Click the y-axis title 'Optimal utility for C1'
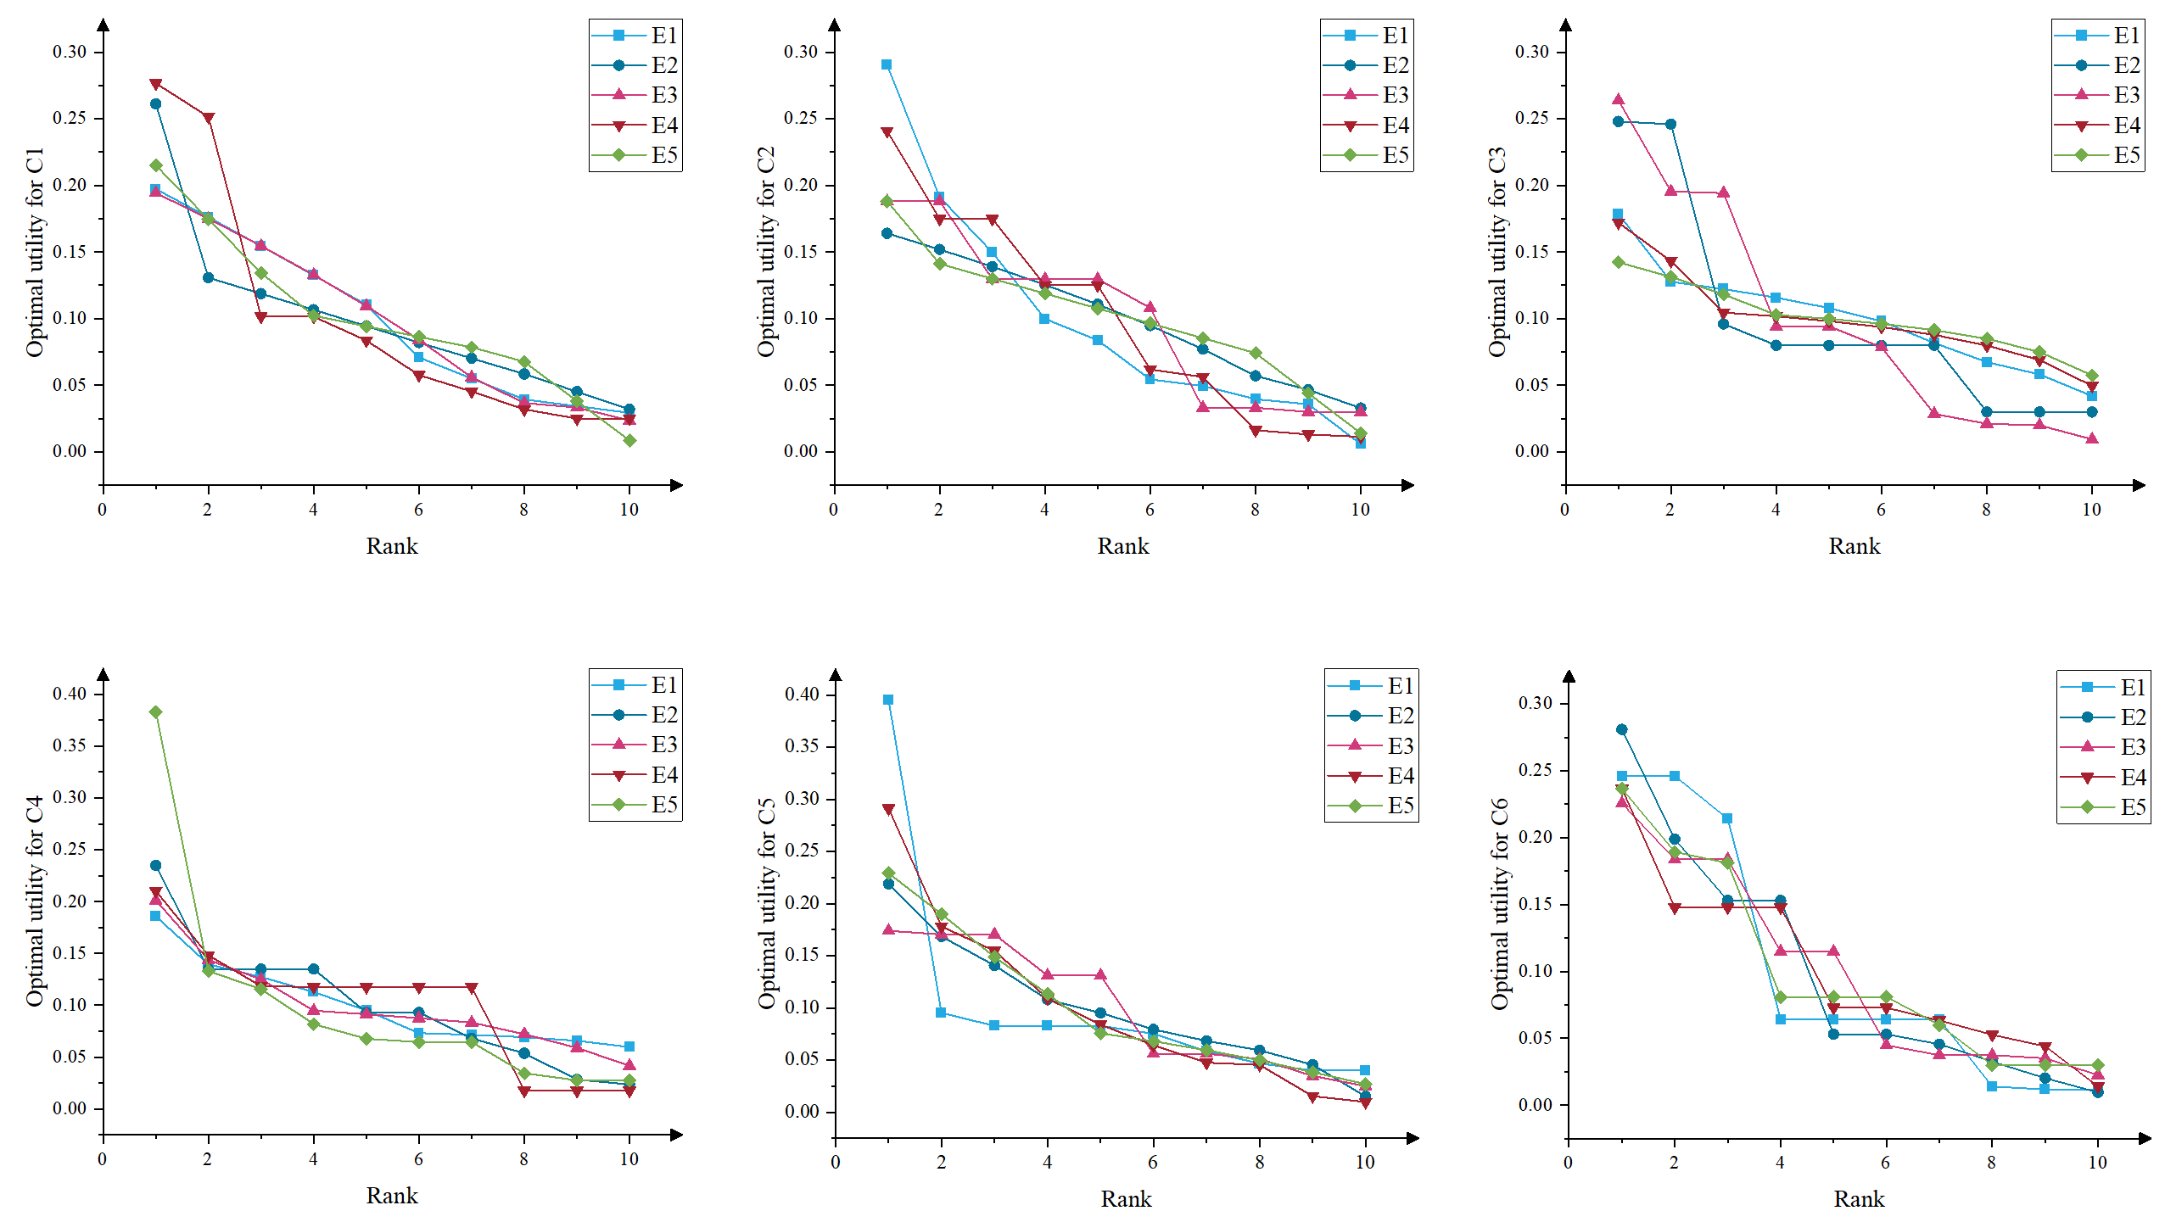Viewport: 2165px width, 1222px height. pos(34,252)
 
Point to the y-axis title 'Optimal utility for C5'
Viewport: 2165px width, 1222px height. pos(766,903)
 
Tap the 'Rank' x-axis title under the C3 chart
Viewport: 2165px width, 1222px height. pos(1854,546)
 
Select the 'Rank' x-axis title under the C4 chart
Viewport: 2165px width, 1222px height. pos(391,1196)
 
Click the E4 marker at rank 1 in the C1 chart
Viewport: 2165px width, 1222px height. pos(155,84)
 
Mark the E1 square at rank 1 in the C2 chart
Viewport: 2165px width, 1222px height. pos(887,64)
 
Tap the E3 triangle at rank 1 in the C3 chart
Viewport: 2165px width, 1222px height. pos(1618,99)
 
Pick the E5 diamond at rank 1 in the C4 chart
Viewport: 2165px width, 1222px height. pos(155,712)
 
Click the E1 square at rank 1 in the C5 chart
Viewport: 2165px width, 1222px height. pos(888,700)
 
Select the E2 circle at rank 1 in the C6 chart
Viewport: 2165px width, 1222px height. pos(1621,729)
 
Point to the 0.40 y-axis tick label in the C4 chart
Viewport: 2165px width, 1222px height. pos(70,694)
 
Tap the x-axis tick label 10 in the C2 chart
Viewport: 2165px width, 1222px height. pos(1360,510)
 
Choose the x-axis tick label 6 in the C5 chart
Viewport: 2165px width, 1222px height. pos(1153,1162)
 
